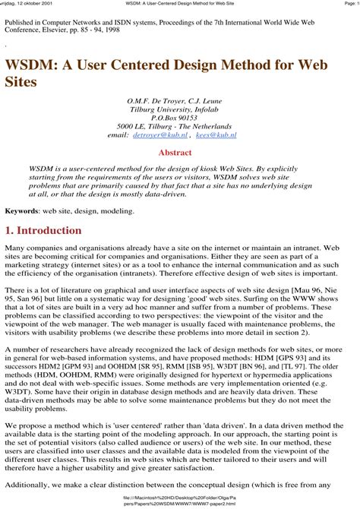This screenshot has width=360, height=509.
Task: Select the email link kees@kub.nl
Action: [216, 134]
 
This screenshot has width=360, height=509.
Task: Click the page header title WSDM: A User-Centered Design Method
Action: [180, 4]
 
